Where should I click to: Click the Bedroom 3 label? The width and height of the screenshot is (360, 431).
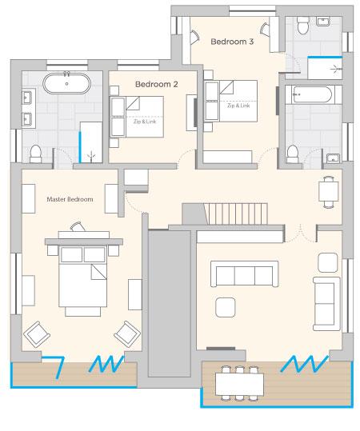[x=232, y=42]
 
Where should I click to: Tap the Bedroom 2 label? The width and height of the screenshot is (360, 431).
[x=157, y=84]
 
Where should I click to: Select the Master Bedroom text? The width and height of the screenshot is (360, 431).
[x=70, y=199]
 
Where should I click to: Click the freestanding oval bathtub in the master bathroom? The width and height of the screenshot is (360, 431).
[x=67, y=83]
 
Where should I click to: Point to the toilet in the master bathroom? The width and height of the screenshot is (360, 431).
[x=35, y=154]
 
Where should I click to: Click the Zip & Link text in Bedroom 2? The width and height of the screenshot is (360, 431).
[x=145, y=122]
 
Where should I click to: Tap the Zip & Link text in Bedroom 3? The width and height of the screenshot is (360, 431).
[x=238, y=106]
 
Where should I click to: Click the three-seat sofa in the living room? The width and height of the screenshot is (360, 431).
[x=245, y=274]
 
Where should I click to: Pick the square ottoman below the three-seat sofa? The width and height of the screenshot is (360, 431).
[x=226, y=308]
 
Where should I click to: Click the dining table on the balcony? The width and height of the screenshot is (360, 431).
[x=239, y=384]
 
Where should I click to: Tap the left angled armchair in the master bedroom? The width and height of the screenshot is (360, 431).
[x=37, y=334]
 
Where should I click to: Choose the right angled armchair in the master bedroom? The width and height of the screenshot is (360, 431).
[x=127, y=334]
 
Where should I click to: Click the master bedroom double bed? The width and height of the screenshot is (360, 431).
[x=82, y=281]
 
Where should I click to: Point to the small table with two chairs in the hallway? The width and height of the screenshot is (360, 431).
[x=329, y=192]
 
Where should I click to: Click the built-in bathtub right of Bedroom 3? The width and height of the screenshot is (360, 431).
[x=312, y=95]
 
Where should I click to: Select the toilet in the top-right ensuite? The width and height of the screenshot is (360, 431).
[x=303, y=26]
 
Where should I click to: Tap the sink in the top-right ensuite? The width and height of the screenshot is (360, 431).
[x=324, y=22]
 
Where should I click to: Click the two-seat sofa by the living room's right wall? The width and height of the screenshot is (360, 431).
[x=326, y=304]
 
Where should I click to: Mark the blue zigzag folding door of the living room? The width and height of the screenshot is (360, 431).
[x=305, y=364]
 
